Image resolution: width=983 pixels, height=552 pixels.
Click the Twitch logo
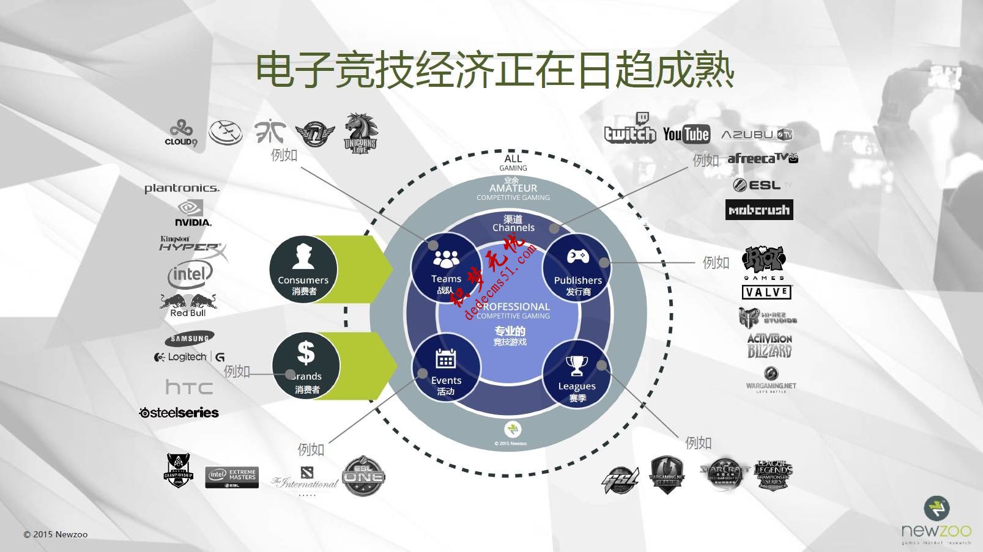click(629, 129)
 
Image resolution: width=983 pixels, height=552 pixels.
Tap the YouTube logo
click(686, 134)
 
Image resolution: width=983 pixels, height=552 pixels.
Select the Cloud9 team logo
click(180, 133)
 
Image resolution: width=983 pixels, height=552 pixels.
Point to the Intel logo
click(190, 274)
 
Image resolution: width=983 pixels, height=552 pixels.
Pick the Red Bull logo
click(188, 304)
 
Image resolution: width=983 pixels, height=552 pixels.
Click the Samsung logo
click(189, 338)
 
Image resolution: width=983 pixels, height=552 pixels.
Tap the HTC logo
click(189, 387)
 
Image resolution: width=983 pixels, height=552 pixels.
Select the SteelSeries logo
click(179, 413)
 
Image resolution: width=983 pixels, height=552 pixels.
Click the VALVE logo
click(766, 292)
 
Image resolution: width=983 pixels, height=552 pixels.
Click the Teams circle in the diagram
click(446, 267)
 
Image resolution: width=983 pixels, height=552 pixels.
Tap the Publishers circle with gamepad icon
click(577, 268)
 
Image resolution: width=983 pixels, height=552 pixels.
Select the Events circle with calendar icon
click(446, 367)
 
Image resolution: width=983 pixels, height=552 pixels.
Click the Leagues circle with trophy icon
click(577, 374)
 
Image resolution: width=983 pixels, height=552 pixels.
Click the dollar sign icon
click(305, 353)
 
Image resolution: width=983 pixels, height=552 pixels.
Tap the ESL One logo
click(363, 476)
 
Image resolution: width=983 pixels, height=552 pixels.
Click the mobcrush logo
click(759, 210)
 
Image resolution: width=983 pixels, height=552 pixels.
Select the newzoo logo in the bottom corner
click(936, 520)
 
